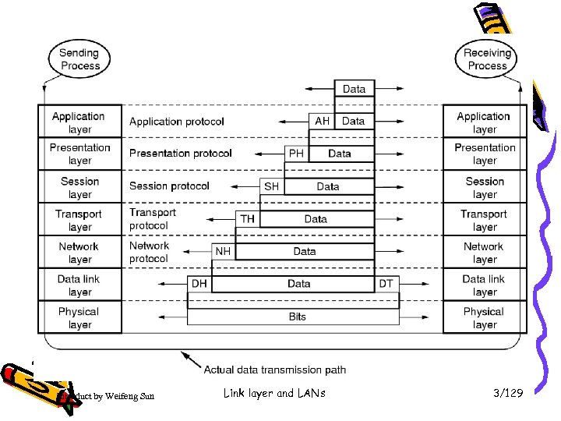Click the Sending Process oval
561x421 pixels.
[79, 59]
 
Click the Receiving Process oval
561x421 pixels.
[487, 59]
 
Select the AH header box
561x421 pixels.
[323, 121]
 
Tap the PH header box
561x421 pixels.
[296, 154]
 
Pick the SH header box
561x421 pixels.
[271, 186]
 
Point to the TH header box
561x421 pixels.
[247, 219]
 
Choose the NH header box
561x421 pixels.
[223, 252]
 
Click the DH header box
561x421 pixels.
[199, 284]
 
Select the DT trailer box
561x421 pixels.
[386, 284]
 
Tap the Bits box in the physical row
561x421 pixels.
[297, 317]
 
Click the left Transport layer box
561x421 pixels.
[79, 220]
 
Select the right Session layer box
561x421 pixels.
[485, 187]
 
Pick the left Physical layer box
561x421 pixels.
[79, 317]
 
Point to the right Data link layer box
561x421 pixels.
[485, 285]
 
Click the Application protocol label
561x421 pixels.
[177, 122]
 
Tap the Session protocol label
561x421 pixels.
[169, 186]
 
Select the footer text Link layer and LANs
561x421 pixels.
[274, 394]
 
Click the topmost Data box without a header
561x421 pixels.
[354, 89]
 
